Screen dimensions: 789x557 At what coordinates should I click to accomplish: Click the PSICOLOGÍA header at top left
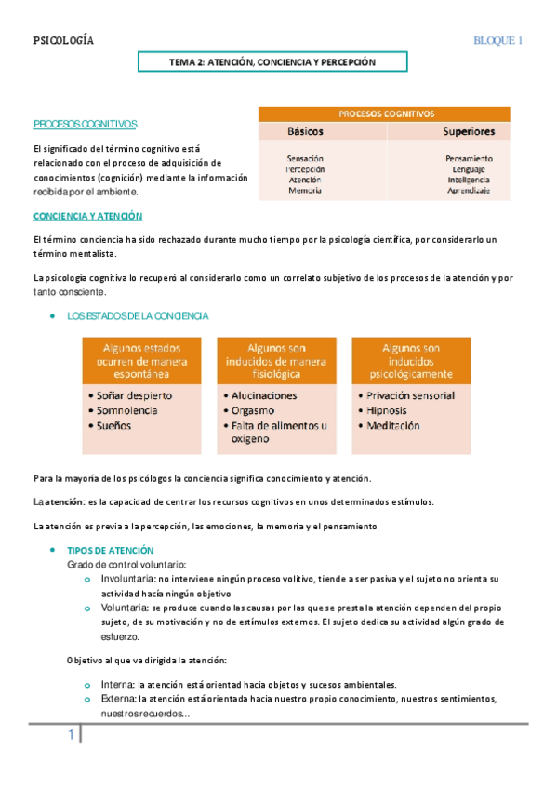click(x=63, y=41)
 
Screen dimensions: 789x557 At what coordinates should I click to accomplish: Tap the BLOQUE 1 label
click(x=498, y=41)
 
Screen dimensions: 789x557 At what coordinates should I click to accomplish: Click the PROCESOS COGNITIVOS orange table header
click(x=384, y=114)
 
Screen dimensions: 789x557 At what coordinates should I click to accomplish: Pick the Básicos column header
click(x=306, y=132)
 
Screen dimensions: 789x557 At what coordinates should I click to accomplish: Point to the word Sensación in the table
click(x=305, y=158)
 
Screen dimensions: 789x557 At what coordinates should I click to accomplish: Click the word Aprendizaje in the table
click(x=468, y=190)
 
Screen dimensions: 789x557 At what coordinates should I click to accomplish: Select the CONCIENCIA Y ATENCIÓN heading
click(x=87, y=216)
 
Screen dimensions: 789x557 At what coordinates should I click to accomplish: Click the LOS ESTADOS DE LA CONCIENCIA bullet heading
click(x=138, y=316)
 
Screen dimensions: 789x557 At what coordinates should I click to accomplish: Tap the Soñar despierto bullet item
click(x=134, y=395)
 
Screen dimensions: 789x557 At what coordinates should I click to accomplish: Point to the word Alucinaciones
click(x=259, y=395)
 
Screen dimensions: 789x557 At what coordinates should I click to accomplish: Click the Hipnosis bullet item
click(x=389, y=410)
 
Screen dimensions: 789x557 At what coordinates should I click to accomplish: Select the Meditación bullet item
click(x=393, y=426)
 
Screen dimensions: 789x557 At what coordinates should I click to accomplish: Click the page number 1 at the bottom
click(x=70, y=737)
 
